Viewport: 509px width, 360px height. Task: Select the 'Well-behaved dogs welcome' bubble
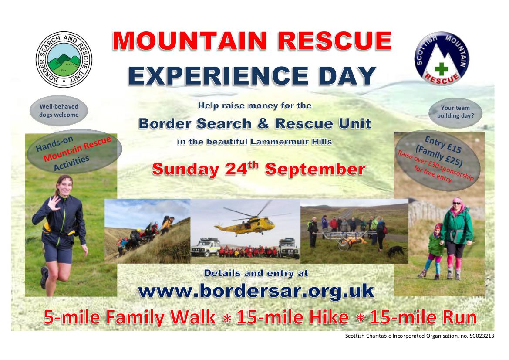click(x=59, y=110)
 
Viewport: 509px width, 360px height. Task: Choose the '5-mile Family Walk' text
click(x=130, y=317)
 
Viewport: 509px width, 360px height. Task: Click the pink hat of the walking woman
click(x=457, y=201)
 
